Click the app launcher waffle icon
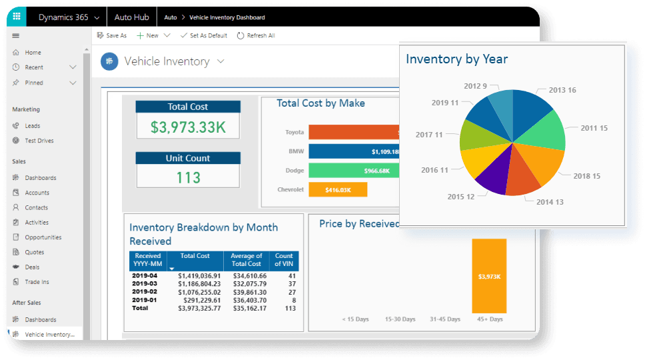tap(16, 17)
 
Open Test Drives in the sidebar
tap(39, 141)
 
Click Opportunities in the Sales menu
tap(43, 237)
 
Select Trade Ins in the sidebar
tap(37, 282)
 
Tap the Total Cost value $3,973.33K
tap(188, 126)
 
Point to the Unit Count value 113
tap(188, 177)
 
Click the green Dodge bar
tap(353, 171)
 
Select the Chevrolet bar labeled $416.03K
tap(338, 190)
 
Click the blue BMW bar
tap(353, 151)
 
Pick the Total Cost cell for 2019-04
tap(200, 275)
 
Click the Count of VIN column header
tap(284, 260)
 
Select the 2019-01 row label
tap(144, 301)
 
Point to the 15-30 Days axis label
tap(399, 319)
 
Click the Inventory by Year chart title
tap(456, 59)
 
